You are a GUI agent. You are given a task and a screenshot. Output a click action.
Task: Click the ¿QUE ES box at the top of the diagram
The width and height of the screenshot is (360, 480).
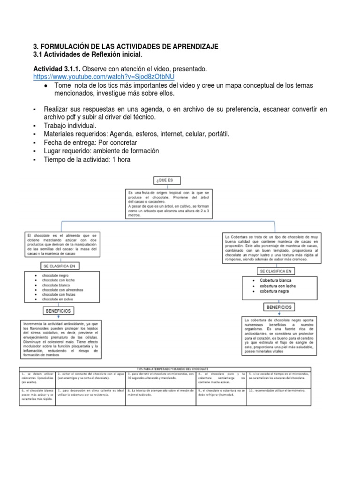point(166,180)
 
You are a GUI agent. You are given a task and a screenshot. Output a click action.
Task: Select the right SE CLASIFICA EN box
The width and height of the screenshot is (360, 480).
point(275,271)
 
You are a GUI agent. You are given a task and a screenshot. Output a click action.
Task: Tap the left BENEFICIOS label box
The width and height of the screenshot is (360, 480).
point(58,310)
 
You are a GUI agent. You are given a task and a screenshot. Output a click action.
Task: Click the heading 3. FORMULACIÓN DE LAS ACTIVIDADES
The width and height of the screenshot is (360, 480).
point(126,47)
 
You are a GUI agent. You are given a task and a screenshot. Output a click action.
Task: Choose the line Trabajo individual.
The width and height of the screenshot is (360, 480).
point(70,126)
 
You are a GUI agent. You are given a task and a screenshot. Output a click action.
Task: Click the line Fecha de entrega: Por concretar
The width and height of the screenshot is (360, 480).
point(90,142)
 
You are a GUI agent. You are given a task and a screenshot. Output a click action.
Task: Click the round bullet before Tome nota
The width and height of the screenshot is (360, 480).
point(45,86)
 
